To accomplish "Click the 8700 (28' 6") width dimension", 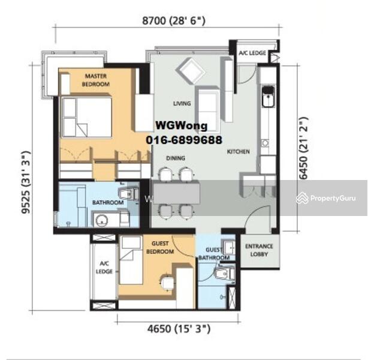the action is tap(174, 20).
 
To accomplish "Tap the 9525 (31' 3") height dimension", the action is tap(26, 182).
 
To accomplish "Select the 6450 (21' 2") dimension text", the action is tap(303, 148).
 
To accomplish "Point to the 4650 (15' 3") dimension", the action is tap(179, 328).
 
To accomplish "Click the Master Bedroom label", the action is tap(96, 80).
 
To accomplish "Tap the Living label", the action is tap(182, 103).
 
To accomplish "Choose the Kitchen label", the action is tap(238, 152).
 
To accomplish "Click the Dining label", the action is tap(176, 158).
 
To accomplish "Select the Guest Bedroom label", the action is tap(160, 247).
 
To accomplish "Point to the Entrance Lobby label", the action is tap(259, 250).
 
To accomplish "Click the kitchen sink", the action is tap(268, 97).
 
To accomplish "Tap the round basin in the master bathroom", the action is tap(102, 220).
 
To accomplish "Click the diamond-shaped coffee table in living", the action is tap(191, 70).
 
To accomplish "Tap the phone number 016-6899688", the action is tap(184, 140).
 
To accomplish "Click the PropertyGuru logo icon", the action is tap(302, 198).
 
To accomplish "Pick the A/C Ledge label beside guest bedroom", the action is tap(104, 268).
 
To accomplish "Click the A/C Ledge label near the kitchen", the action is tap(252, 53).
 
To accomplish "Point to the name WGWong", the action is tap(182, 126).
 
